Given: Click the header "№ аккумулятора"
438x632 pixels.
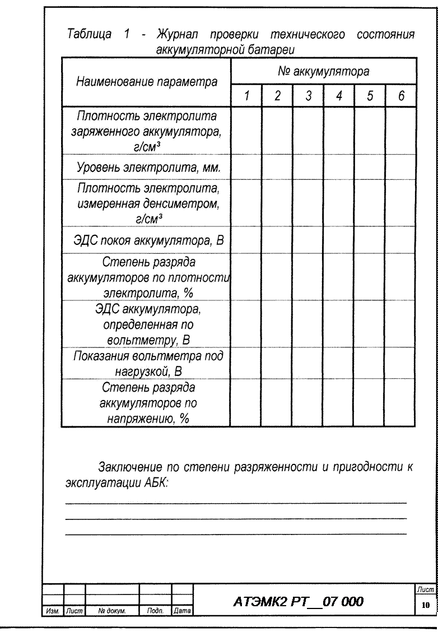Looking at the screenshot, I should pyautogui.click(x=323, y=72).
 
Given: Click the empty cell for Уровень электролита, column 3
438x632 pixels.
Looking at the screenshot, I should pyautogui.click(x=307, y=167).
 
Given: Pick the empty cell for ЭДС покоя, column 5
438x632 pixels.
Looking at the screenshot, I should pyautogui.click(x=370, y=241).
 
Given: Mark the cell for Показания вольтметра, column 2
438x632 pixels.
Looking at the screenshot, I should pyautogui.click(x=277, y=363).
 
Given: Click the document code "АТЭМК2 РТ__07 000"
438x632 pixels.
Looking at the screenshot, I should pyautogui.click(x=297, y=602).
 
